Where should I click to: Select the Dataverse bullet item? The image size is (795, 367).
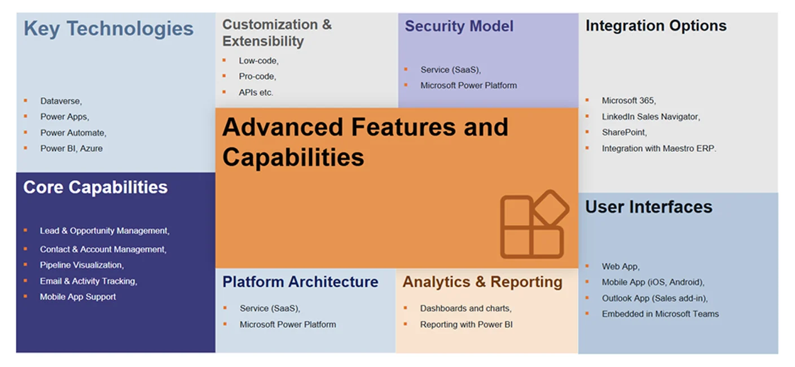(61, 101)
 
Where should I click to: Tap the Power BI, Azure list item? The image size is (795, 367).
(71, 148)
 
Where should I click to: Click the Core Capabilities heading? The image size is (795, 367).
(95, 187)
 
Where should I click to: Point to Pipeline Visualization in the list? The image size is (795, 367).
(82, 265)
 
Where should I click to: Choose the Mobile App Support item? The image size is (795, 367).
(78, 296)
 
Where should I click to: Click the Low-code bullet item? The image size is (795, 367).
(258, 61)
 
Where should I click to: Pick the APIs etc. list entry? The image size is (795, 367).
(256, 93)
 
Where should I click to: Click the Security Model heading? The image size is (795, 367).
(459, 27)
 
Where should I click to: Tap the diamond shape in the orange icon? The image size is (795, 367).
(551, 208)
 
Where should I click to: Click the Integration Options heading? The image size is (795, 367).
(656, 26)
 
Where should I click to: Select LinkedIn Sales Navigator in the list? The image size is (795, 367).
(651, 116)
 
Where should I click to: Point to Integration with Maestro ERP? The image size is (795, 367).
(658, 148)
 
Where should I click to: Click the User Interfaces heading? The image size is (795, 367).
(648, 207)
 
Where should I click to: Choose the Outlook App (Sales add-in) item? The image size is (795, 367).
(655, 298)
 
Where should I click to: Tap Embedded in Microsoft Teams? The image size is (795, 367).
(660, 314)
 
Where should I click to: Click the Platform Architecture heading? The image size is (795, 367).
(300, 282)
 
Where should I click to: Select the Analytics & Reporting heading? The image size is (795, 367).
(482, 282)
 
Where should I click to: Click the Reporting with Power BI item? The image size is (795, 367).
(466, 324)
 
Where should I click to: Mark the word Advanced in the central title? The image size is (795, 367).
(283, 127)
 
